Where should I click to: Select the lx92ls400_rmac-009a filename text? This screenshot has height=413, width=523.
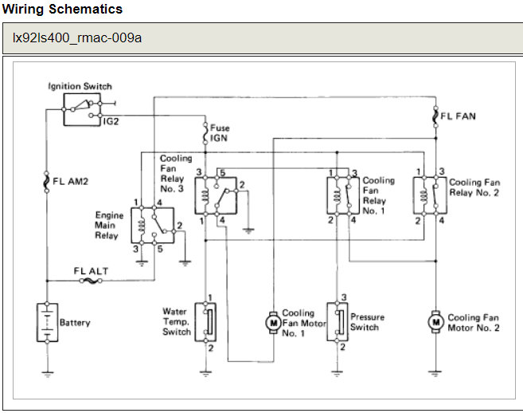77,37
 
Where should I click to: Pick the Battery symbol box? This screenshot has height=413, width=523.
48,322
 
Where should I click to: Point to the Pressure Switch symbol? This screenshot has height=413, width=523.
340,321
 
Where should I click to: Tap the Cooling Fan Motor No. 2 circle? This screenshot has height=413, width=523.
435,321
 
